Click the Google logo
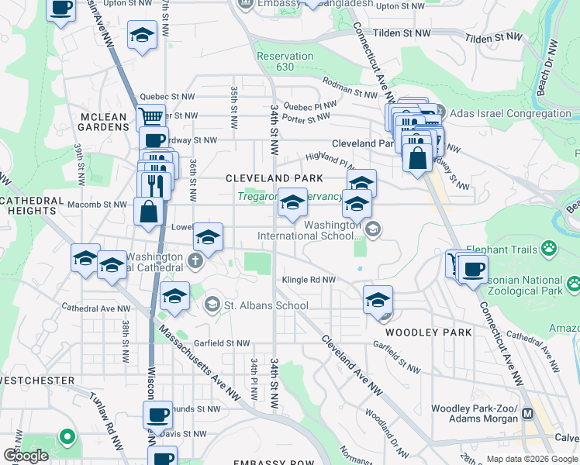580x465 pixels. [x=26, y=455]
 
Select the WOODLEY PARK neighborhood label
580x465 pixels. [x=428, y=332]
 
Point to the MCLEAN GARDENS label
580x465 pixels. [x=103, y=123]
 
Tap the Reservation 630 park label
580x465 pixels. [x=285, y=61]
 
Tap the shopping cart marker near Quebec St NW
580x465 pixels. [x=151, y=117]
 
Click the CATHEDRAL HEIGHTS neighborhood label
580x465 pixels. [x=31, y=205]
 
